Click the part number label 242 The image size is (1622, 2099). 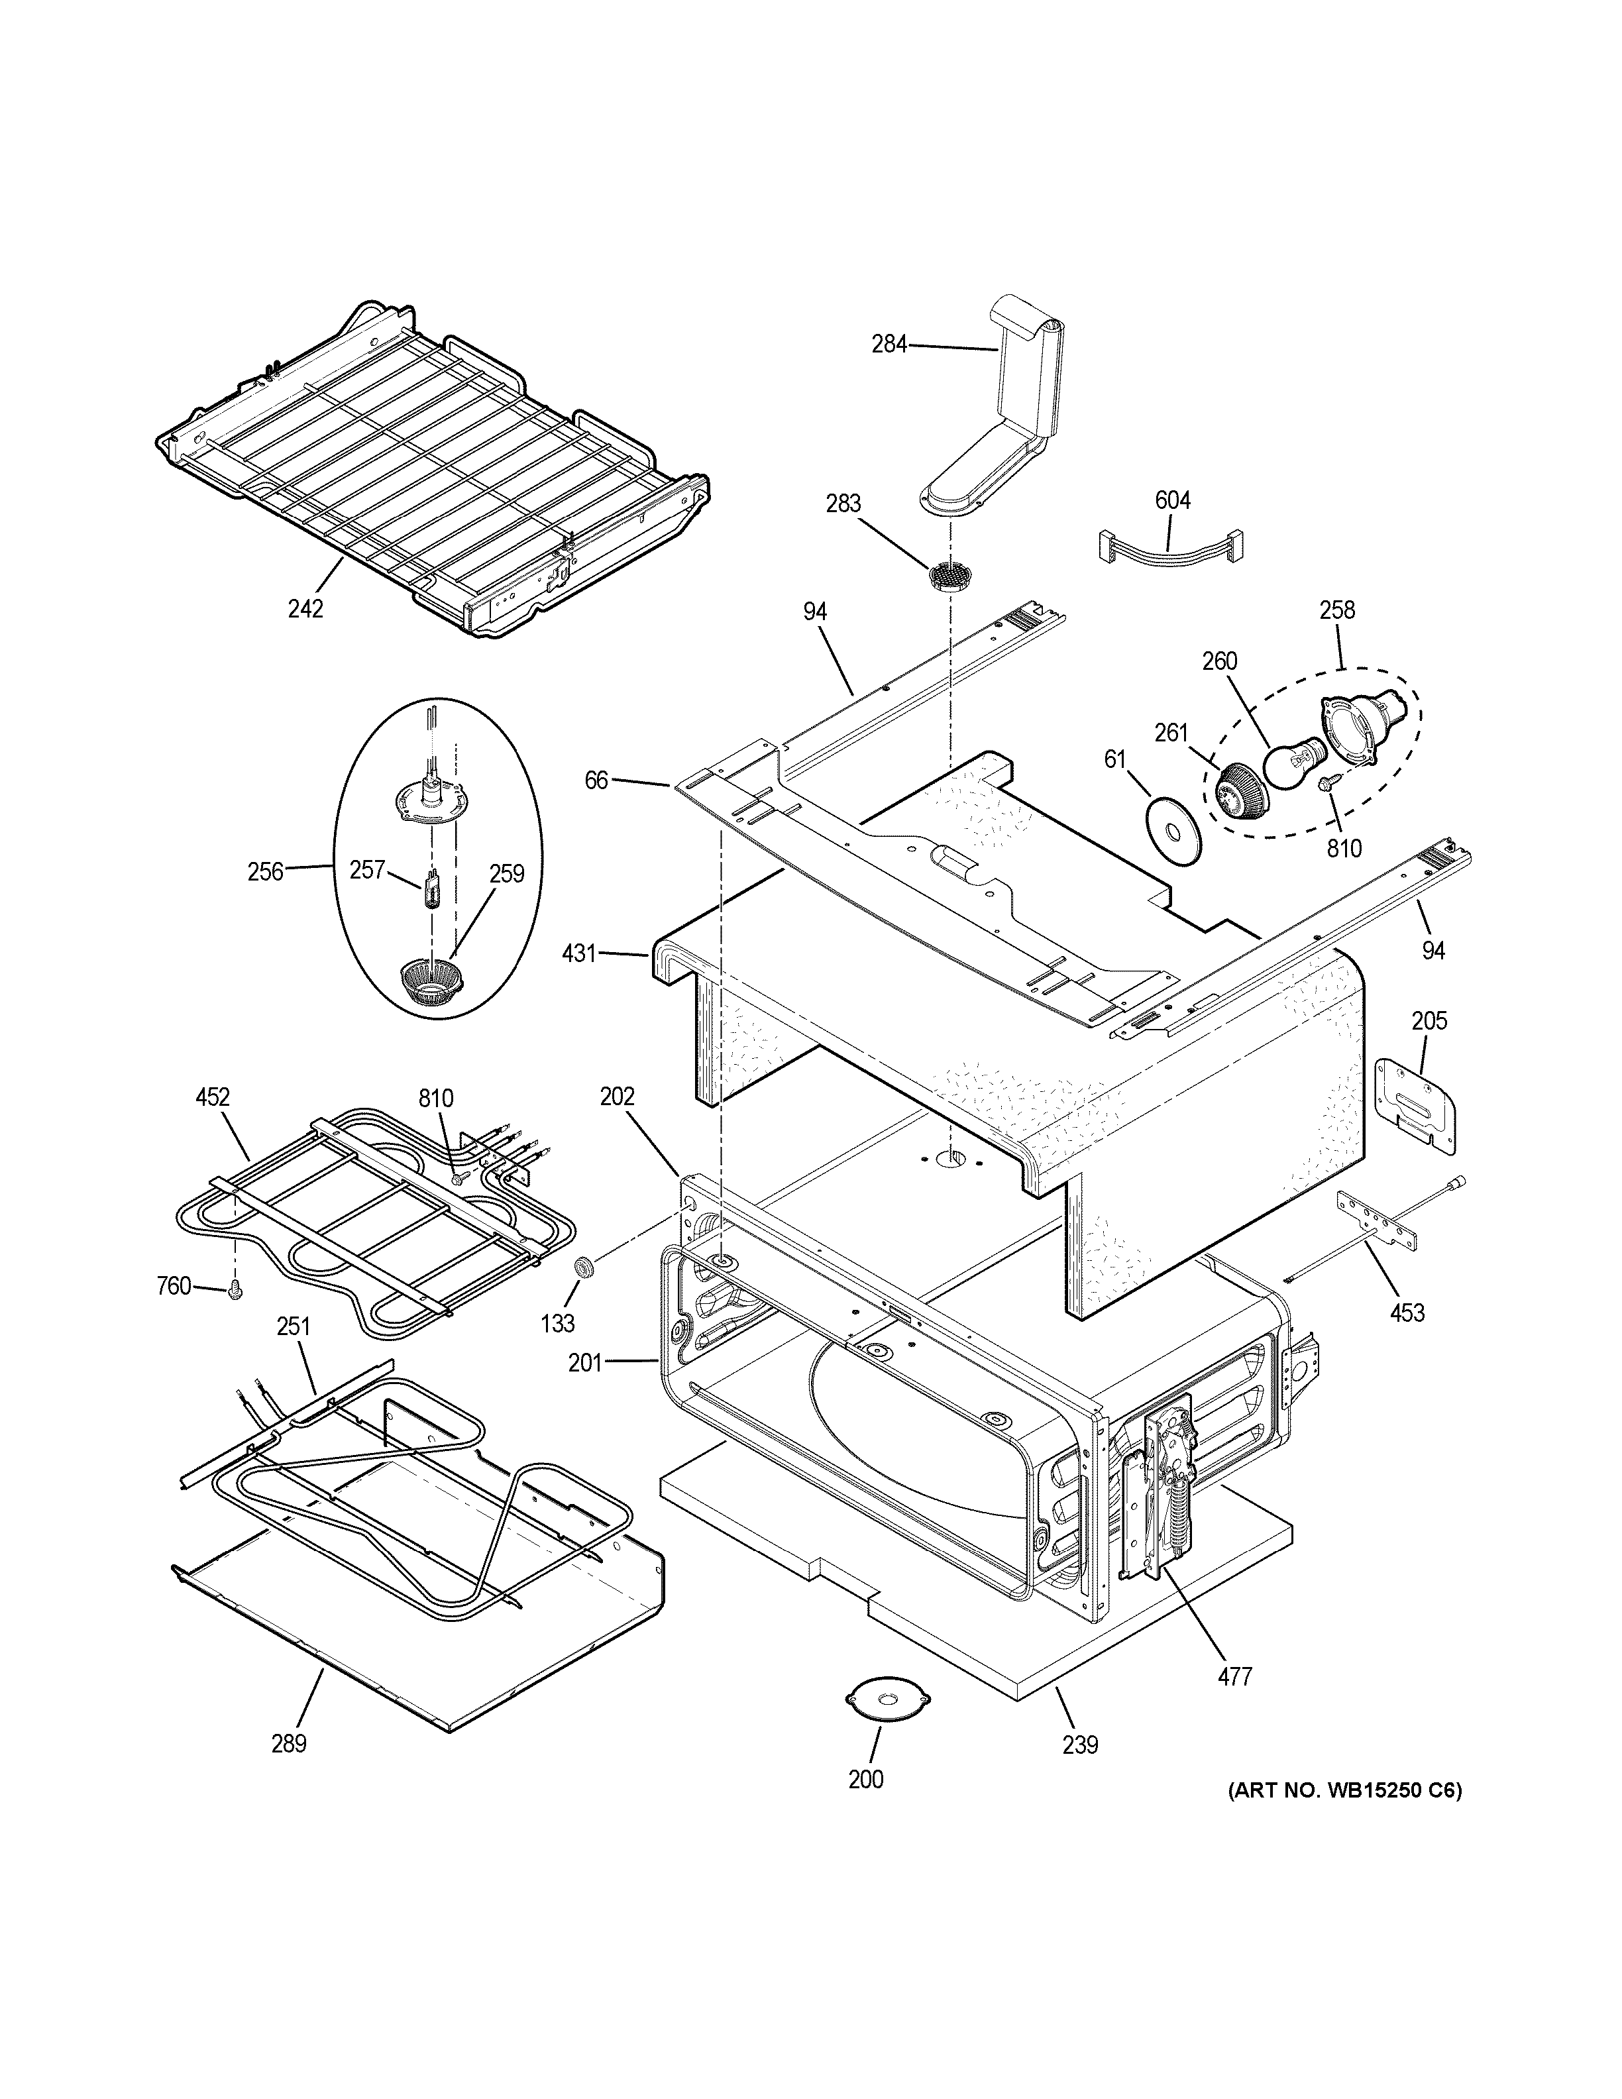[305, 608]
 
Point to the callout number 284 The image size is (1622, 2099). [889, 344]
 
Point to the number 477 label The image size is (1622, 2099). [1235, 1677]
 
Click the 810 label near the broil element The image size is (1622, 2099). [435, 1098]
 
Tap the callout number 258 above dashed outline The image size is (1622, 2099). [1336, 610]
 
